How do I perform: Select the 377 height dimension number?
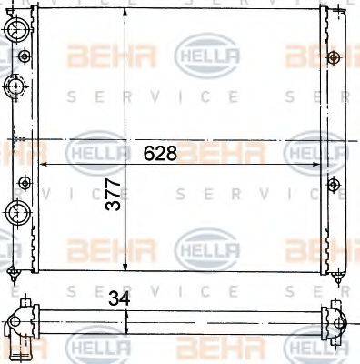[113, 217]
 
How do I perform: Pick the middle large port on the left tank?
[15, 87]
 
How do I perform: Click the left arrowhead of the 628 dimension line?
[45, 165]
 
